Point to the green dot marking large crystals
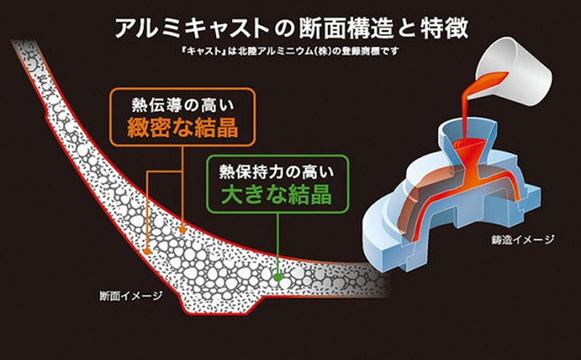tap(277, 276)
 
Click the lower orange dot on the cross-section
tap(147, 252)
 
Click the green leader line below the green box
tap(277, 243)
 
